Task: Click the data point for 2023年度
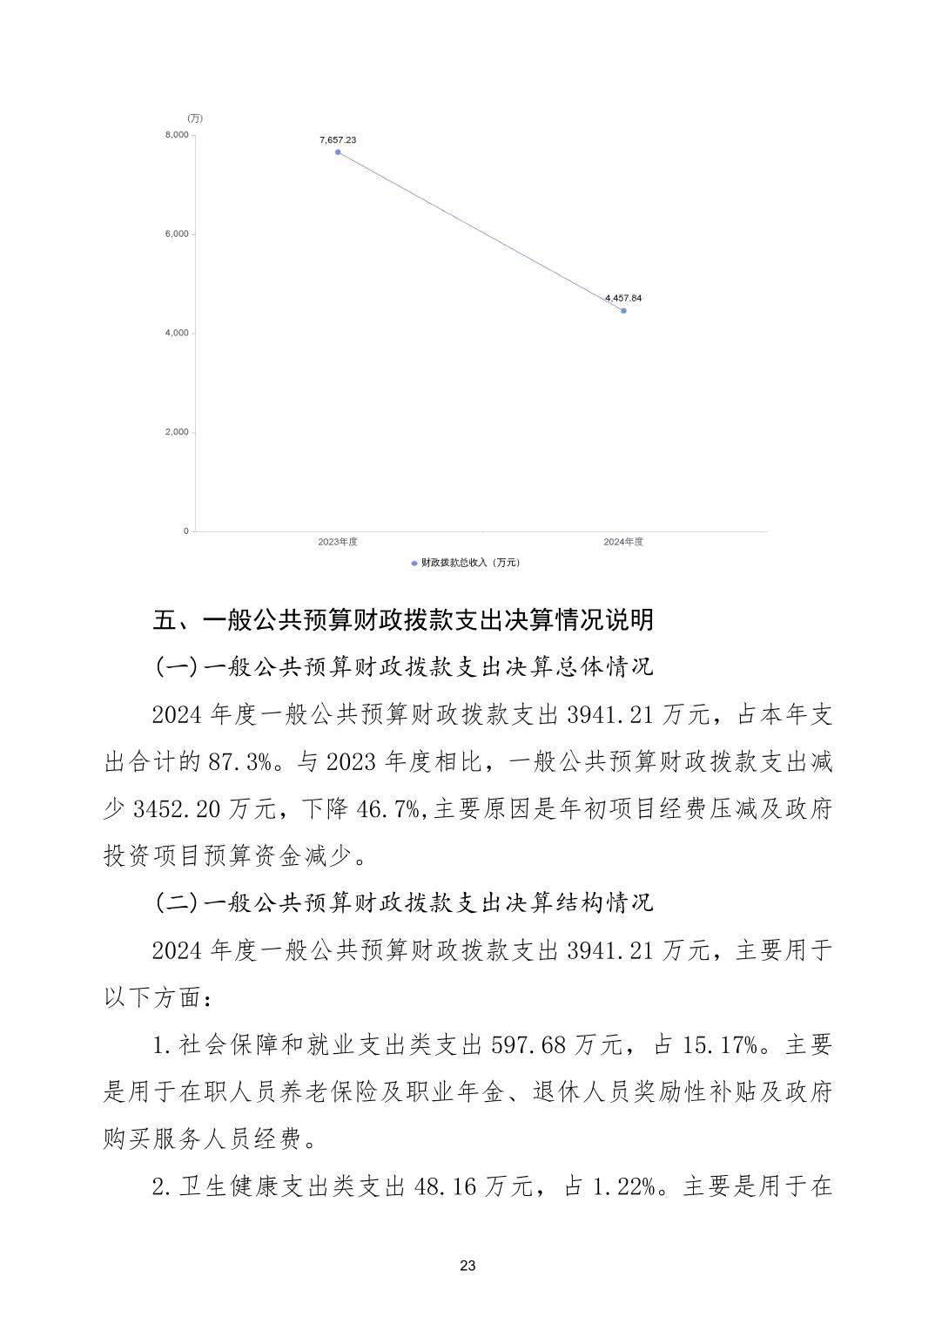338,152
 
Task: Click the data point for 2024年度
623,311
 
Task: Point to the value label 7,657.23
338,139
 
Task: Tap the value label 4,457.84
623,298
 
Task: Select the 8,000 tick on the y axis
177,135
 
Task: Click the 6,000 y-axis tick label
177,234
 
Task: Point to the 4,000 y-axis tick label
177,334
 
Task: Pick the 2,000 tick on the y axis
177,433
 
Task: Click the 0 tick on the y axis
185,531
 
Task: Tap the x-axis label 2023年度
338,542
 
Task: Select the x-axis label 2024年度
623,542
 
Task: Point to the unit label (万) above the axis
194,118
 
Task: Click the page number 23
467,1266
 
